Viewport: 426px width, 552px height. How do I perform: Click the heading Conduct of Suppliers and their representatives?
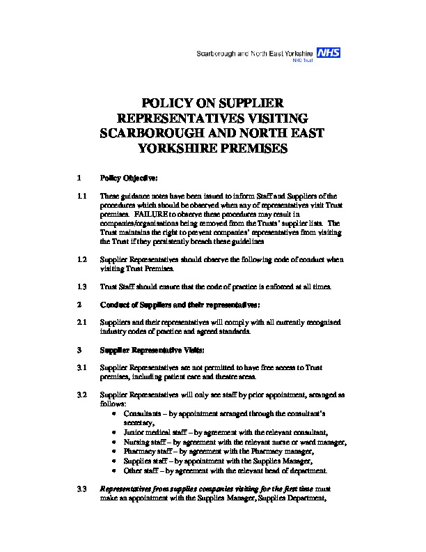point(180,305)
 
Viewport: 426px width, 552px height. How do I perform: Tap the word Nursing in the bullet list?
point(136,442)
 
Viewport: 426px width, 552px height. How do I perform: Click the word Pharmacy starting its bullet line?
point(139,451)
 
